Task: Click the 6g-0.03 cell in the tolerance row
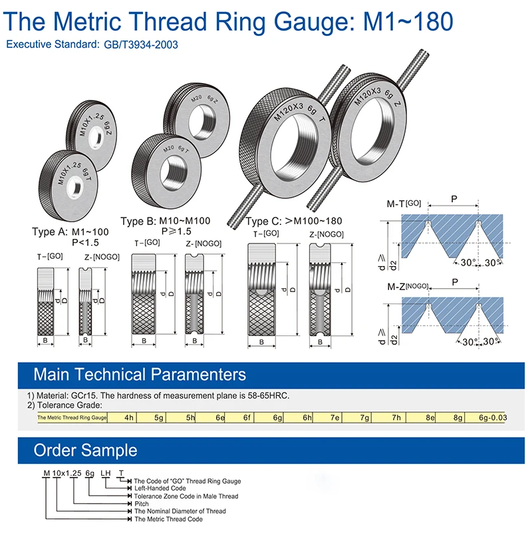492,417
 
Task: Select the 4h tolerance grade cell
129,417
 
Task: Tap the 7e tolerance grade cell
335,417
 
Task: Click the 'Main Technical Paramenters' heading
140,374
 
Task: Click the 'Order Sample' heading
85,450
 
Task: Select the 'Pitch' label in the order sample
142,504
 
